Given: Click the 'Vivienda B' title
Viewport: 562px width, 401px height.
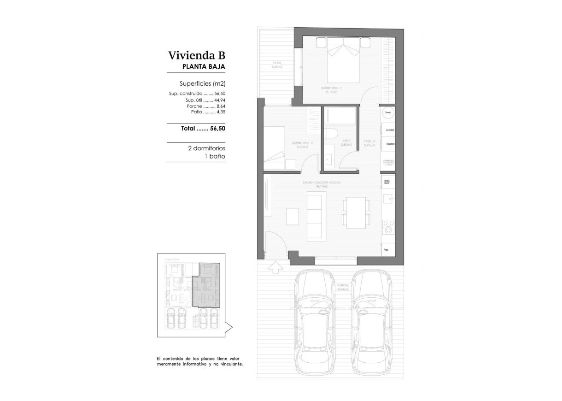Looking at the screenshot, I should [x=197, y=56].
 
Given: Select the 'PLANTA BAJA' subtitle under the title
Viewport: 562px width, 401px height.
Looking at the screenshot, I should [x=204, y=67].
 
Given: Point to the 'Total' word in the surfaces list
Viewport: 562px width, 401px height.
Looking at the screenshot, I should [x=188, y=129].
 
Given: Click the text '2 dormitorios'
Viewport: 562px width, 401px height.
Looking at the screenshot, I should [x=206, y=148].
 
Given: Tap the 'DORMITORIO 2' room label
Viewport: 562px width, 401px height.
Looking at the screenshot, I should [x=303, y=142].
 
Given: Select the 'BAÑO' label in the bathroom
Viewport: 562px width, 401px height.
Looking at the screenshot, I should [x=346, y=141].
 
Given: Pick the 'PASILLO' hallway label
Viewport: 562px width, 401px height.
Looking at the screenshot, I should [x=369, y=141].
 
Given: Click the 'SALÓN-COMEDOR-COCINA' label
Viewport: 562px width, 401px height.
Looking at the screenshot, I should [x=322, y=183].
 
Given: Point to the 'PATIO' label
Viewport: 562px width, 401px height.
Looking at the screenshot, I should [x=276, y=63].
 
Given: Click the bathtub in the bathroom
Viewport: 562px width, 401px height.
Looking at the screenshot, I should [x=340, y=116].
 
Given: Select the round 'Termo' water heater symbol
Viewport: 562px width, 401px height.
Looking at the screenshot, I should [x=388, y=112].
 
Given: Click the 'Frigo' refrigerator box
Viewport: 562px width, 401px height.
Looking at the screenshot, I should [x=388, y=249].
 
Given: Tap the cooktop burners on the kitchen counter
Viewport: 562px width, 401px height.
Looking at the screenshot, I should [x=389, y=227].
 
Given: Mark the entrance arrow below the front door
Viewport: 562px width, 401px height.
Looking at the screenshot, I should [x=275, y=266].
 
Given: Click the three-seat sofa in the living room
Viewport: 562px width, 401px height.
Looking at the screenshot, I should [x=316, y=215].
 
